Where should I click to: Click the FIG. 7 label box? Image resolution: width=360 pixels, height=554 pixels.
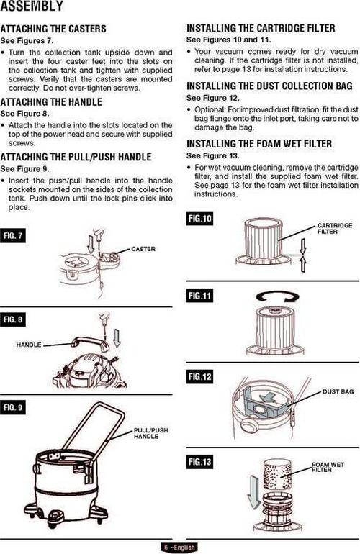pyautogui.click(x=13, y=236)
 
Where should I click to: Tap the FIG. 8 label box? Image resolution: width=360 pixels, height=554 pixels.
pyautogui.click(x=13, y=319)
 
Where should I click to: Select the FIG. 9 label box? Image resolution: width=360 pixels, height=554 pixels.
pyautogui.click(x=13, y=407)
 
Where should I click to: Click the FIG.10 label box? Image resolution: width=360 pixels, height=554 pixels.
pyautogui.click(x=200, y=218)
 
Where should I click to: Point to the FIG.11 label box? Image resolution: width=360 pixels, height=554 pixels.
pyautogui.click(x=200, y=296)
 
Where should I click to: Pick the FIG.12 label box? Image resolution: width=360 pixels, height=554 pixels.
pyautogui.click(x=200, y=376)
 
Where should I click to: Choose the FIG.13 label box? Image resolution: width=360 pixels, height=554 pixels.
pyautogui.click(x=200, y=462)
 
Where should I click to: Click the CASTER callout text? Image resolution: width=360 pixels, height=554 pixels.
pyautogui.click(x=143, y=249)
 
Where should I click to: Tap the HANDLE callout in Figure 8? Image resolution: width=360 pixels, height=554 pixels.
pyautogui.click(x=29, y=345)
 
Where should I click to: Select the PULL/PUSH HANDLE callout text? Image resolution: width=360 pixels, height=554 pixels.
pyautogui.click(x=151, y=433)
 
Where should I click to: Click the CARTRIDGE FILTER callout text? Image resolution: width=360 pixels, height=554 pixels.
pyautogui.click(x=335, y=228)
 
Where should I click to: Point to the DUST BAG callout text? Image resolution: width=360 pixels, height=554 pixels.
pyautogui.click(x=338, y=391)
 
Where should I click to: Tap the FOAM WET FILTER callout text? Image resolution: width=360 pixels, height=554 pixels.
pyautogui.click(x=328, y=467)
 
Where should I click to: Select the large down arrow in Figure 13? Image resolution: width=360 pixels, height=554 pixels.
pyautogui.click(x=253, y=491)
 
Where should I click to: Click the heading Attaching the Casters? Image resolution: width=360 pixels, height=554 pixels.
pyautogui.click(x=53, y=29)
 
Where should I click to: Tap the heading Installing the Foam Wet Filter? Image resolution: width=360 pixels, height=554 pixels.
pyautogui.click(x=259, y=144)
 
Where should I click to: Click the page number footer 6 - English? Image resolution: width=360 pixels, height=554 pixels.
pyautogui.click(x=179, y=548)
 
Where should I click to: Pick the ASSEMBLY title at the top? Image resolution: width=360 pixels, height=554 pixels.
pyautogui.click(x=32, y=6)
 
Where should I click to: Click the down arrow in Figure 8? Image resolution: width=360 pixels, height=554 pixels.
pyautogui.click(x=117, y=338)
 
